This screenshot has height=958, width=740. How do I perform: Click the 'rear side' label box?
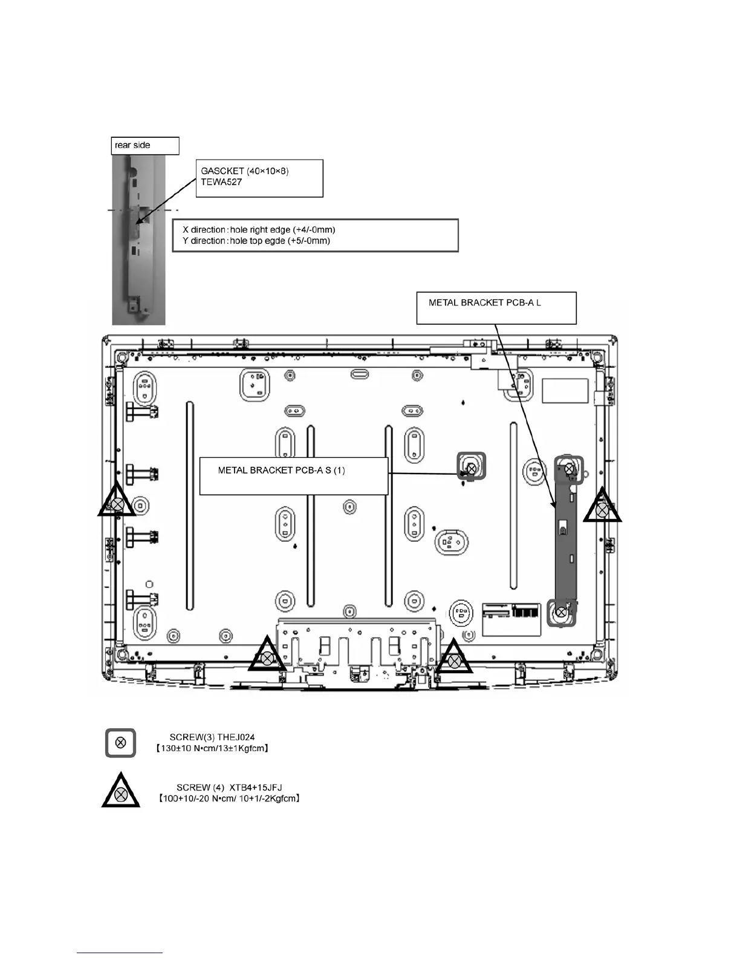[145, 146]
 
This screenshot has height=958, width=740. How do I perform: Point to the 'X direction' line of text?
[259, 230]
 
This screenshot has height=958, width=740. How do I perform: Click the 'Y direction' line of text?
[256, 241]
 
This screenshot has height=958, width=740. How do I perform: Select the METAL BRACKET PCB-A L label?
[485, 302]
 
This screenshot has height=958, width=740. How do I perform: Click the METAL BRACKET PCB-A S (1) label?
[281, 471]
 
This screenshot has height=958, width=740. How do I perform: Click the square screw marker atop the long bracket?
[569, 468]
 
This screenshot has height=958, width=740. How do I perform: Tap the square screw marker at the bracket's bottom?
[561, 612]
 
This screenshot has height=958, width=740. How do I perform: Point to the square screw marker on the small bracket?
[472, 466]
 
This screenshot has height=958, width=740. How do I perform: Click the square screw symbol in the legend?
[120, 743]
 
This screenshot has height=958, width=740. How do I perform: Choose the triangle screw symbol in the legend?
[121, 793]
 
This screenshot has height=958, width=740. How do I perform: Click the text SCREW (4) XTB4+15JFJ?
[229, 787]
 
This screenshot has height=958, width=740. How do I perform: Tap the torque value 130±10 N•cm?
[187, 749]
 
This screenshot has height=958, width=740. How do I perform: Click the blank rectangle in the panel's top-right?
[565, 391]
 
